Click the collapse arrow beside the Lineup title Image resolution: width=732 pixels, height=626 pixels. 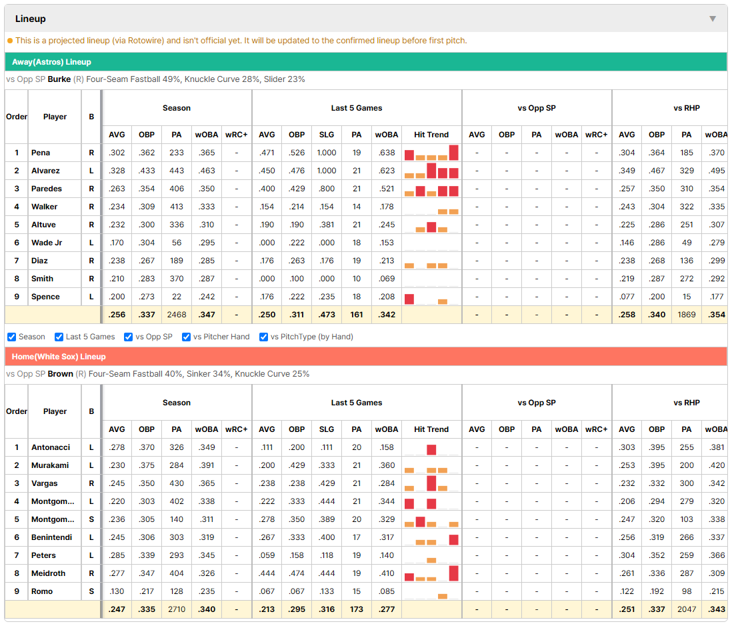coord(713,19)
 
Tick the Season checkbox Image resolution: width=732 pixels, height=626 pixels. coord(12,337)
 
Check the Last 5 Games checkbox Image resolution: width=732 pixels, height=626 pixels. coord(59,337)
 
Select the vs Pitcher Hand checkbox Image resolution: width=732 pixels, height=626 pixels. coord(186,337)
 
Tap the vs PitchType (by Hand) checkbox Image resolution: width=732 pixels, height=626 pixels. coord(264,337)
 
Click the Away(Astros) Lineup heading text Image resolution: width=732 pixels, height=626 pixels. coord(51,62)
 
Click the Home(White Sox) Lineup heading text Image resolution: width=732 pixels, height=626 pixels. coord(59,357)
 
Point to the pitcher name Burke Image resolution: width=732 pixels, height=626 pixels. coord(59,79)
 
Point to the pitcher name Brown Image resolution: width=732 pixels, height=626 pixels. coord(60,374)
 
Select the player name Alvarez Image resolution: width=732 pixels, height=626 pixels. coord(45,171)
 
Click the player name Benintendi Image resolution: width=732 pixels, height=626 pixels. coord(51,537)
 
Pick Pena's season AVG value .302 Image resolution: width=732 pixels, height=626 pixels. coord(117,153)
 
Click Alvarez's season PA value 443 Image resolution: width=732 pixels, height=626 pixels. coord(177,171)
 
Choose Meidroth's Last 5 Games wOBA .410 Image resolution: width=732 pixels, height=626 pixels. coord(387,573)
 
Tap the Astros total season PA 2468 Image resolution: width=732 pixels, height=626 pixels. coord(177,315)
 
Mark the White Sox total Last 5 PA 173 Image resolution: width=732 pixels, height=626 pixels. coord(357,609)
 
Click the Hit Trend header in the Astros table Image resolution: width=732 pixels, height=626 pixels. coord(431,135)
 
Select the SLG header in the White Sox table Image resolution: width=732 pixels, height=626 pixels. coord(327,429)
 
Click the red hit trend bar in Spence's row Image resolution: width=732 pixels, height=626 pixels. coord(409,299)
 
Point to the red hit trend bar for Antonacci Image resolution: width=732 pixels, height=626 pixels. coord(431,450)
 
